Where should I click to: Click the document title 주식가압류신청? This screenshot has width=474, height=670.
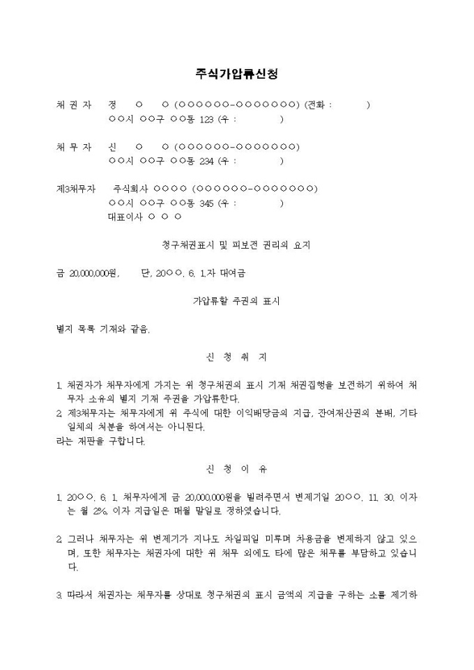(237, 74)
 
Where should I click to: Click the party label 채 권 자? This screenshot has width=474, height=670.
(73, 105)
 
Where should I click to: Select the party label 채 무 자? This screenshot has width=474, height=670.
(73, 147)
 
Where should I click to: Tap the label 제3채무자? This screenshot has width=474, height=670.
(75, 189)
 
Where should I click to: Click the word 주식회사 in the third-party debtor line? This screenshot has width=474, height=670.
(130, 189)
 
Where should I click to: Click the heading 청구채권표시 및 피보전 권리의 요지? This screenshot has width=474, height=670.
(236, 245)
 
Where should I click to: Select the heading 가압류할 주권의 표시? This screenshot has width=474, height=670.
(236, 302)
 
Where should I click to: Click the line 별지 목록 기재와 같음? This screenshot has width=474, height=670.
(102, 329)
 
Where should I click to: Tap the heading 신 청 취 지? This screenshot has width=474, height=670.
(236, 357)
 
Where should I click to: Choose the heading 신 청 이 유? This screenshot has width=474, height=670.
(236, 469)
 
